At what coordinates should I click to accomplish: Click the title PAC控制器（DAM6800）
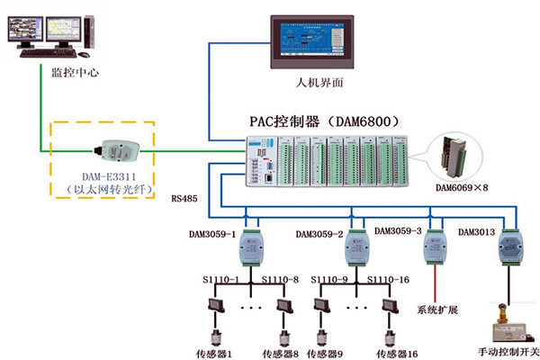323,120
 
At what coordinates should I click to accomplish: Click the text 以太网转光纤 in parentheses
102,190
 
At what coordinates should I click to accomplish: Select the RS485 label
184,195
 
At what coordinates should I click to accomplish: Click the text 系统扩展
436,310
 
